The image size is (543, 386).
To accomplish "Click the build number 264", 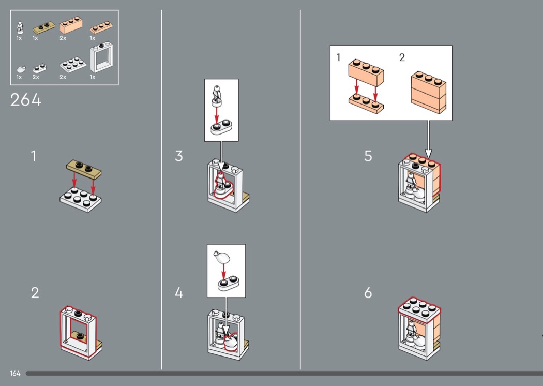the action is [26, 100].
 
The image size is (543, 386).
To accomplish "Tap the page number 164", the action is [15, 373].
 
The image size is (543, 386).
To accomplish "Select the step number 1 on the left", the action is [34, 156].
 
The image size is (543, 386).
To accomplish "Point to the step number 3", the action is [179, 156].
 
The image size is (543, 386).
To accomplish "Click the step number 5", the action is [368, 156].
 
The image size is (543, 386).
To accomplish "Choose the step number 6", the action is [368, 293].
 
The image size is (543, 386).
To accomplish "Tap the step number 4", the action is [179, 293].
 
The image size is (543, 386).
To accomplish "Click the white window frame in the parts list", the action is [102, 57].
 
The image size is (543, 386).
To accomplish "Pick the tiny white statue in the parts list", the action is [20, 28].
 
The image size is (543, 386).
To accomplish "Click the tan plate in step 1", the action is [84, 169].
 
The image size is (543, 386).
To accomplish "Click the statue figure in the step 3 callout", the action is [217, 95].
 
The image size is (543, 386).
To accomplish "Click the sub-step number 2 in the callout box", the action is [402, 57].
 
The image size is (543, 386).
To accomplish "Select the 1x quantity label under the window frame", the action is [93, 77].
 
